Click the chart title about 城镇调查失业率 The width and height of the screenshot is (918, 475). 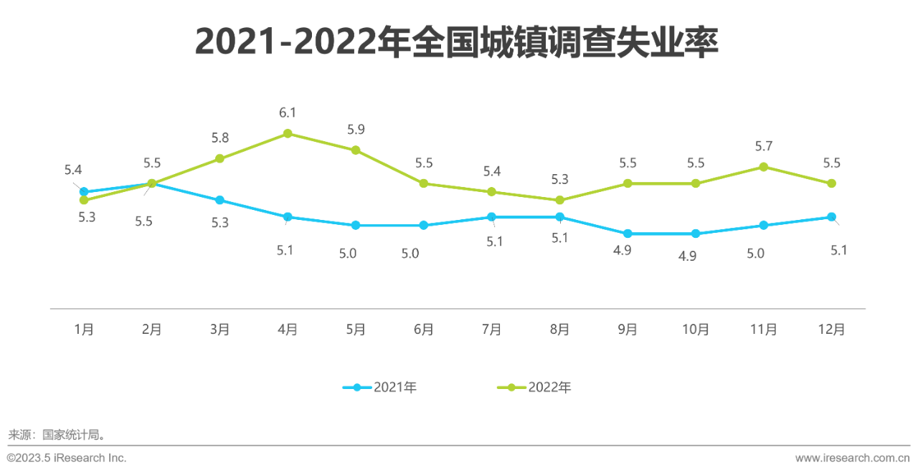457,42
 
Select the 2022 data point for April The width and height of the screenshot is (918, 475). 288,133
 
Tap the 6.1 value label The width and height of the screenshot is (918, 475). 288,112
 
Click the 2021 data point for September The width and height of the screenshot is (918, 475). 628,234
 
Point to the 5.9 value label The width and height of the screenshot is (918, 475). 356,130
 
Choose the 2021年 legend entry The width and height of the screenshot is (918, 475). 381,388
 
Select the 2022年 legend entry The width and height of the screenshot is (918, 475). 535,388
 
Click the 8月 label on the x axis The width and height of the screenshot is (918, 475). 559,330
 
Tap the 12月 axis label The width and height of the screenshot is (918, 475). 832,330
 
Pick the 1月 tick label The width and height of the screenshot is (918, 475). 84,330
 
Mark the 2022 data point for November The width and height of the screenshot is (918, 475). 764,167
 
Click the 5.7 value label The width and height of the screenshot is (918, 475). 764,146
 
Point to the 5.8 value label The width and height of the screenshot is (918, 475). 220,138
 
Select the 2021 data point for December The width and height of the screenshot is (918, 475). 832,216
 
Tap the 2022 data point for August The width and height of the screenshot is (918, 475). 559,200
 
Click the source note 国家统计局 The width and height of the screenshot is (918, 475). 57,434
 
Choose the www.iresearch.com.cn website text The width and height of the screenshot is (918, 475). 852,458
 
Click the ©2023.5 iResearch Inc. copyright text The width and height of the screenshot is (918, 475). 67,458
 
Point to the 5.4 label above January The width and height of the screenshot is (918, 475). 73,170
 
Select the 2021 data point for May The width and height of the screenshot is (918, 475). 356,225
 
